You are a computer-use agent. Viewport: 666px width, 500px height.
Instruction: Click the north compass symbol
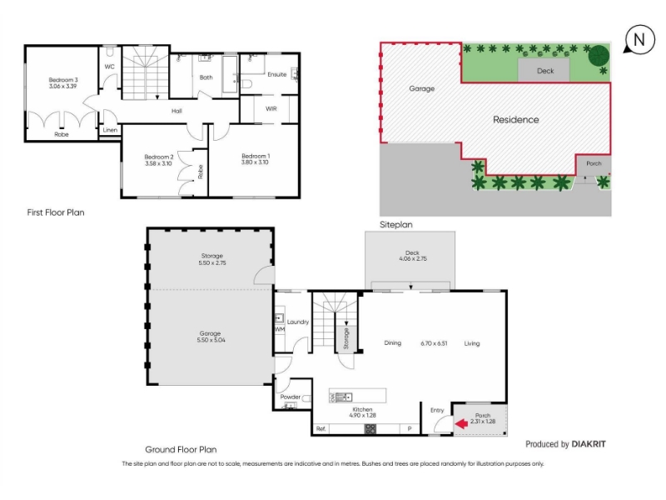point(639,39)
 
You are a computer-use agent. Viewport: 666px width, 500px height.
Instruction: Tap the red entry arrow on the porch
point(462,423)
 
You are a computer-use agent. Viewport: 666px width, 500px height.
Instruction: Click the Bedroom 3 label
point(63,80)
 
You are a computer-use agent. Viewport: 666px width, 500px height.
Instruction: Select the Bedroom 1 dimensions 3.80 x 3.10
point(255,162)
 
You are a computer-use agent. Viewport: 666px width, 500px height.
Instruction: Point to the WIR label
point(271,109)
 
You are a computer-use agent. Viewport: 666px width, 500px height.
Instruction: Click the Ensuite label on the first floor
point(277,74)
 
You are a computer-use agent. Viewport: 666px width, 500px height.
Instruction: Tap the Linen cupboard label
point(110,130)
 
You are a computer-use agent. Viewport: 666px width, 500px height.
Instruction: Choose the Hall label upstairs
point(176,111)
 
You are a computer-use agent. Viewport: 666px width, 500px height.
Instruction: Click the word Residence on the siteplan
point(515,120)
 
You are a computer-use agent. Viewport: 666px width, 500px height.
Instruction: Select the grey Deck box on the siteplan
point(544,70)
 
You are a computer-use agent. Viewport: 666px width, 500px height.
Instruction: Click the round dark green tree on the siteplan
point(599,55)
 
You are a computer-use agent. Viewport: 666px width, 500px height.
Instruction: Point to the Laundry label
point(298,322)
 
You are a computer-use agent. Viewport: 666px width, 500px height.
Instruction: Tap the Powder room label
point(291,397)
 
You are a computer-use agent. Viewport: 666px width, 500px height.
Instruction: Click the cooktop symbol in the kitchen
point(370,428)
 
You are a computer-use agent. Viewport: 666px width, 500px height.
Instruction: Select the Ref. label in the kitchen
point(321,428)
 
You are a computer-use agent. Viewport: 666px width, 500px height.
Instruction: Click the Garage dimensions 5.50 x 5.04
point(211,340)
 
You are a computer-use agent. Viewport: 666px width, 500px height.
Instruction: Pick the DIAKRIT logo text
point(589,444)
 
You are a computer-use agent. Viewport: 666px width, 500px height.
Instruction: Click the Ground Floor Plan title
point(181,449)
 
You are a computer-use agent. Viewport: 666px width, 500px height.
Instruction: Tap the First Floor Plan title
point(56,212)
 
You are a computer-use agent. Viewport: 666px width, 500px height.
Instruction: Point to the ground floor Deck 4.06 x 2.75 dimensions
point(413,258)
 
